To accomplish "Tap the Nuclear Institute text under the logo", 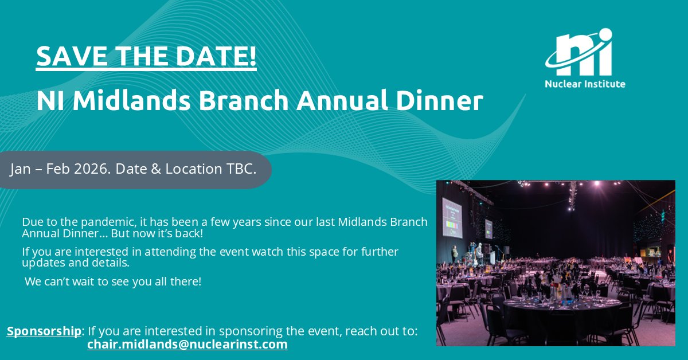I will coord(585,84).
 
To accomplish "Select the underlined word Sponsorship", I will coord(44,331).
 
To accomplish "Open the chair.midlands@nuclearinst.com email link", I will coord(187,345).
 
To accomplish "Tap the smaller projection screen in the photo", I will coord(488,229).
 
